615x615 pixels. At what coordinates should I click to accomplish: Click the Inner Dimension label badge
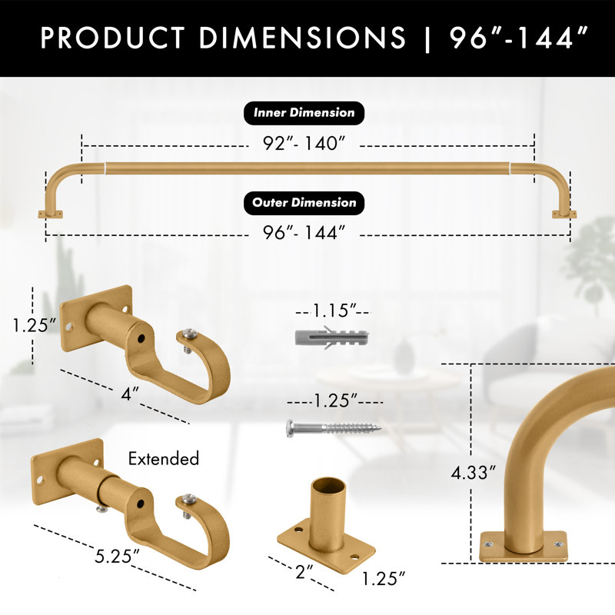[x=304, y=113]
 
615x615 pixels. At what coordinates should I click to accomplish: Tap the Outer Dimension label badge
[x=304, y=203]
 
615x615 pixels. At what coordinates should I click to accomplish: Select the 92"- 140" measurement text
[x=304, y=143]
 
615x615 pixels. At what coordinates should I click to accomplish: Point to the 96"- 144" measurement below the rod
[x=304, y=233]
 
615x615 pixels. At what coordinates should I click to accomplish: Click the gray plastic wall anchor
[x=331, y=337]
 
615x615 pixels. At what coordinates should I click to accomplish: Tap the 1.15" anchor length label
[x=334, y=311]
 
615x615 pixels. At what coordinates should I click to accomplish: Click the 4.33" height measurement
[x=474, y=473]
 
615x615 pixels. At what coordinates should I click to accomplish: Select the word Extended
[x=164, y=458]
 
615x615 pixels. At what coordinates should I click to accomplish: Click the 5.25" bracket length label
[x=118, y=556]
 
